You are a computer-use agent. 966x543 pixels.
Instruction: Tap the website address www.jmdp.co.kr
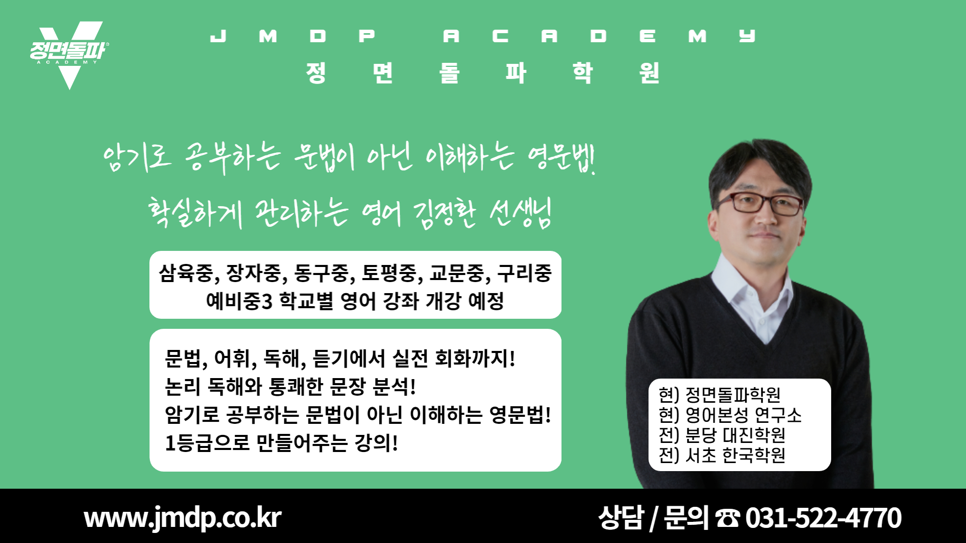pyautogui.click(x=183, y=517)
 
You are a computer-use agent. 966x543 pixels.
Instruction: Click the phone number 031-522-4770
pyautogui.click(x=823, y=518)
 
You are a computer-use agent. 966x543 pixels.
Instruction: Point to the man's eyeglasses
pyautogui.click(x=760, y=203)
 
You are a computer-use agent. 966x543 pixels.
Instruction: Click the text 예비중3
pyautogui.click(x=239, y=301)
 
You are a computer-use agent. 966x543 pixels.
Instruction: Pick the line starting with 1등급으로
pyautogui.click(x=281, y=443)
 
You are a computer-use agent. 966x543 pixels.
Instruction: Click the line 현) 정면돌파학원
pyautogui.click(x=719, y=395)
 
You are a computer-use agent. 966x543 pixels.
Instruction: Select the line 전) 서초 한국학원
pyautogui.click(x=722, y=455)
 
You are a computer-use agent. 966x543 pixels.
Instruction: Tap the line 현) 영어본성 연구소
pyautogui.click(x=730, y=415)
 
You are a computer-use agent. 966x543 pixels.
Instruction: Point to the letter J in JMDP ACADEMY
pyautogui.click(x=218, y=36)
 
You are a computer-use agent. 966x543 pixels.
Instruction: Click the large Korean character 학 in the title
pyautogui.click(x=583, y=72)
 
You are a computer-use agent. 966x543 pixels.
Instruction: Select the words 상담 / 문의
pyautogui.click(x=653, y=518)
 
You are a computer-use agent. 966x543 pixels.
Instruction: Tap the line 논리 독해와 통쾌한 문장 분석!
pyautogui.click(x=290, y=386)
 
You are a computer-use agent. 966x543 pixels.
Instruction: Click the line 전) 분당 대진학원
pyautogui.click(x=722, y=435)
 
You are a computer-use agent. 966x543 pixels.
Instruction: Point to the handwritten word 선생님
pyautogui.click(x=521, y=212)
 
